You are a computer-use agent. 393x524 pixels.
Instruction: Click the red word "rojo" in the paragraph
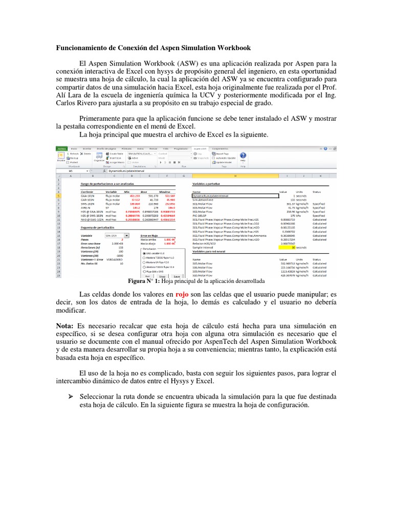[183, 294]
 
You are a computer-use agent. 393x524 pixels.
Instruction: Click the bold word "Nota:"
[65, 325]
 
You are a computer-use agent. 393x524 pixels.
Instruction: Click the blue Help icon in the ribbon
[243, 156]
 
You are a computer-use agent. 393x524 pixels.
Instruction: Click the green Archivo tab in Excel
[61, 148]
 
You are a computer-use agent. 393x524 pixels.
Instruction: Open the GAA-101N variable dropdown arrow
[127, 236]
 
